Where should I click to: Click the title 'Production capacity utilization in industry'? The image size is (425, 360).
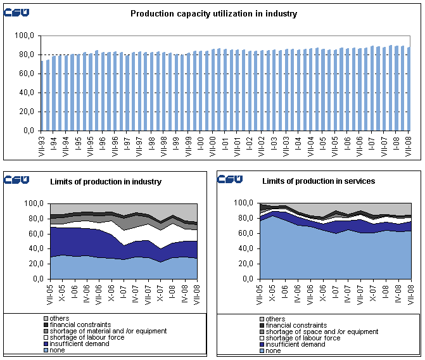pyautogui.click(x=213, y=13)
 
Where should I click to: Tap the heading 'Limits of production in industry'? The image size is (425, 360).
pyautogui.click(x=106, y=182)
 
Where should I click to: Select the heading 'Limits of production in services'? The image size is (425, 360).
pyautogui.click(x=319, y=181)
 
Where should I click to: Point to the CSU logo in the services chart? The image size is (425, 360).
pyautogui.click(x=229, y=179)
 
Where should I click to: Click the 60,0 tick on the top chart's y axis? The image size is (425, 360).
pyautogui.click(x=25, y=74)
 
